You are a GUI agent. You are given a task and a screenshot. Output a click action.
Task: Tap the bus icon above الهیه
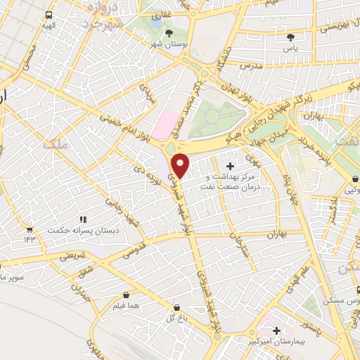coord(48,15)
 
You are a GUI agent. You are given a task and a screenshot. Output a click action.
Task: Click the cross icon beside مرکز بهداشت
coord(231,165)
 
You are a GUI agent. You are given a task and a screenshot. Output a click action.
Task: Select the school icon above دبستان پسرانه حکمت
coord(83,219)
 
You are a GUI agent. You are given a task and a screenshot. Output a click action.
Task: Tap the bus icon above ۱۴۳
coord(30,229)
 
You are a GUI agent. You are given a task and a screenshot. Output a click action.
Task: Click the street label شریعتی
coord(72,257)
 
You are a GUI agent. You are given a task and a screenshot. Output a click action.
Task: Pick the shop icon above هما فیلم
coord(125,295)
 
